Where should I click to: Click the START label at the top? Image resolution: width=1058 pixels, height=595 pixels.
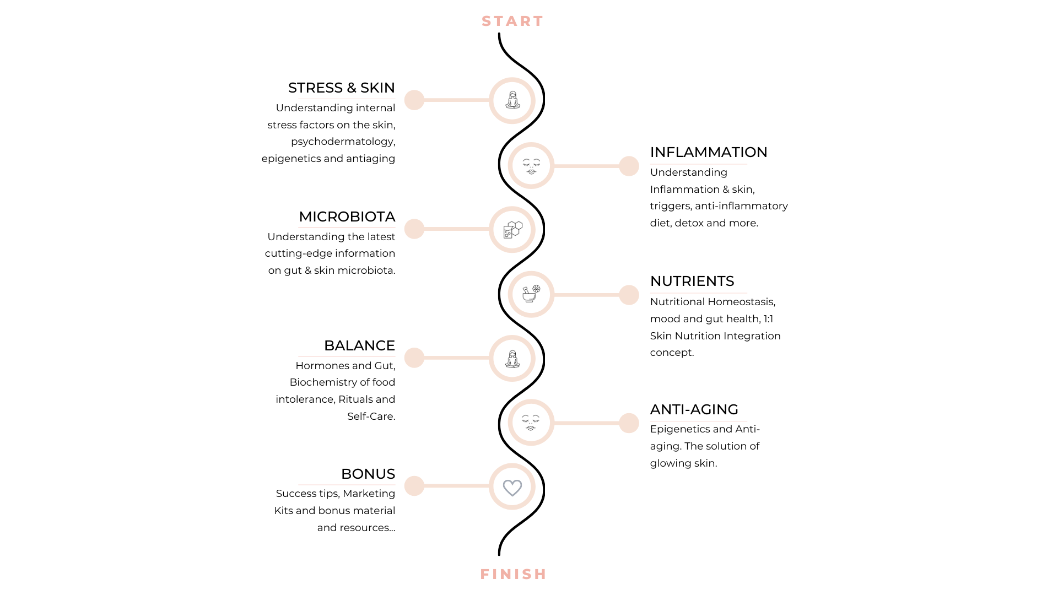[512, 21]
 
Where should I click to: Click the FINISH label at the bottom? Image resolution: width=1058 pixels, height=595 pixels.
[513, 574]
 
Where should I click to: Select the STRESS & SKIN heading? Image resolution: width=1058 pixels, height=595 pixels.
[341, 88]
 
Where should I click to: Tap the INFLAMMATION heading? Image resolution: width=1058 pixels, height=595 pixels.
[708, 152]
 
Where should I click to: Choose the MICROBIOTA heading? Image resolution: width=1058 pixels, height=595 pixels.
[347, 217]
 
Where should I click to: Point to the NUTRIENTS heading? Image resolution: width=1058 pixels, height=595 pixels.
[692, 281]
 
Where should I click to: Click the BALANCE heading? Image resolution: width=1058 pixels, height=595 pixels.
[359, 345]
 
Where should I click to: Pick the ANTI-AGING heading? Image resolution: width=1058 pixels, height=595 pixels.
[694, 409]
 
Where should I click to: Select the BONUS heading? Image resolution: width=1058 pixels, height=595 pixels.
[368, 474]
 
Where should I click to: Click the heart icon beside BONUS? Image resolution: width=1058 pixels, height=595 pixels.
[512, 487]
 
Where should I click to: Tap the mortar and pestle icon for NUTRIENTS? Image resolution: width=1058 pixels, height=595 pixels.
[531, 294]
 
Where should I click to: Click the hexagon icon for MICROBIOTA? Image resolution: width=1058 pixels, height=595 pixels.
[512, 229]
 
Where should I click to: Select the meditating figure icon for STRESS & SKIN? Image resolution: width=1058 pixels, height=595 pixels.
[512, 100]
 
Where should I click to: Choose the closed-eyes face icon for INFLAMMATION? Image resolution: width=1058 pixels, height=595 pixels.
[531, 166]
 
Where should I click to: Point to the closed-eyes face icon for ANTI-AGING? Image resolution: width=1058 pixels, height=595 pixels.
[531, 423]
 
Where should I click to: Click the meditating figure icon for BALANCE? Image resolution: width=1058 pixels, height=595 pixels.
[512, 359]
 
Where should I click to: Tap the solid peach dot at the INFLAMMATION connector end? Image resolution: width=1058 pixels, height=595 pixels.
[629, 166]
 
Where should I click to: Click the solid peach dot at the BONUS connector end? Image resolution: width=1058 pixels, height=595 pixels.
[414, 486]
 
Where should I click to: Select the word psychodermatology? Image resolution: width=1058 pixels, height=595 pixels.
[342, 142]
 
